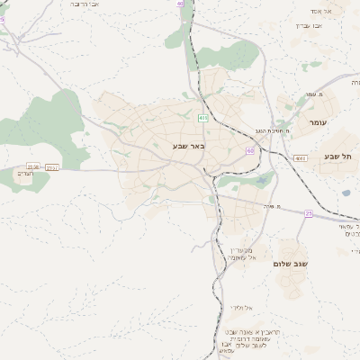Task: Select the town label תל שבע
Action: coord(341,157)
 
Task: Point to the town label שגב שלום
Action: coord(291,265)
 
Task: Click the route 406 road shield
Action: coord(203,117)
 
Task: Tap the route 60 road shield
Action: coord(249,150)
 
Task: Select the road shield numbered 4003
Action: coord(300,157)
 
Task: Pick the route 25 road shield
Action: coord(309,213)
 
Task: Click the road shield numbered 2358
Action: coord(33,166)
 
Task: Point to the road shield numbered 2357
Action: coord(51,166)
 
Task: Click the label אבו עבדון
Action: coord(309,25)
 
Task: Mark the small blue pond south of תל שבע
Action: coord(345,192)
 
